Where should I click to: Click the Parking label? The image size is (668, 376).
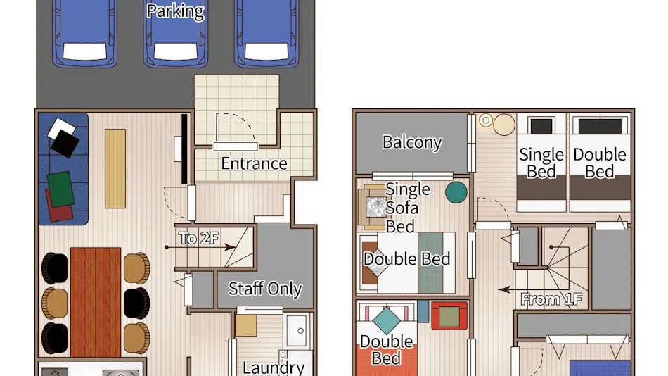pyautogui.click(x=175, y=11)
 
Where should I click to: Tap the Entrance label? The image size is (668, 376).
pyautogui.click(x=254, y=163)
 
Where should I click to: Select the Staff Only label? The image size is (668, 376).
pyautogui.click(x=265, y=289)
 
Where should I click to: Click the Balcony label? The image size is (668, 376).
pyautogui.click(x=412, y=142)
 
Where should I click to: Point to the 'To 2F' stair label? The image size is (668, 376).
pyautogui.click(x=198, y=238)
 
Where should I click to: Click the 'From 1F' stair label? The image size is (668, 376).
pyautogui.click(x=551, y=299)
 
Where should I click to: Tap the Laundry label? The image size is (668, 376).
pyautogui.click(x=274, y=368)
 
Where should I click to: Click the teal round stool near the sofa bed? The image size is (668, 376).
pyautogui.click(x=456, y=192)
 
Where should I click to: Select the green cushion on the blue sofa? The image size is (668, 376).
pyautogui.click(x=60, y=189)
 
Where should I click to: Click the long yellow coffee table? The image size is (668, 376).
pyautogui.click(x=115, y=168)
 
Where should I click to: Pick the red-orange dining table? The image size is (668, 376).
pyautogui.click(x=96, y=302)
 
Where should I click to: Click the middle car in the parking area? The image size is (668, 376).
pyautogui.click(x=176, y=33)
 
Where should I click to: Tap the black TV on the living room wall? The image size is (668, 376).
pyautogui.click(x=184, y=149)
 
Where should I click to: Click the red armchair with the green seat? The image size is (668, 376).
pyautogui.click(x=449, y=316)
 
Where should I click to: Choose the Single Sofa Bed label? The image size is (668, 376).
pyautogui.click(x=407, y=208)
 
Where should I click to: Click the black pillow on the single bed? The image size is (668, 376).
pyautogui.click(x=541, y=127)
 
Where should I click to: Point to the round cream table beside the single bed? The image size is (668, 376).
pyautogui.click(x=504, y=125)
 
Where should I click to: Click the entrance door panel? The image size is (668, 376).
pyautogui.click(x=236, y=147)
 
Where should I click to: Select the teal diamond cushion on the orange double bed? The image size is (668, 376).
pyautogui.click(x=387, y=320)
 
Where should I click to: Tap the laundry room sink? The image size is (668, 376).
pyautogui.click(x=297, y=331)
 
